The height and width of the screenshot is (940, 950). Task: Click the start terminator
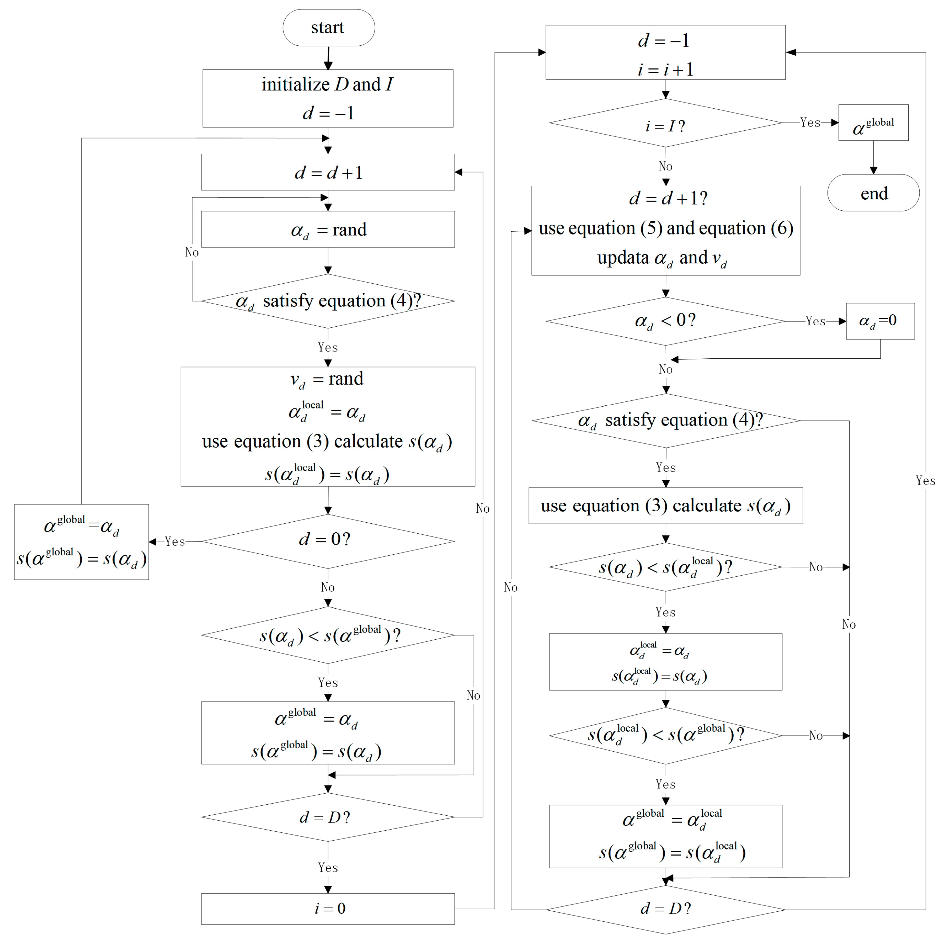click(x=328, y=28)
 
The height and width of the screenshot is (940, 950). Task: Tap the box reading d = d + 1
click(x=328, y=172)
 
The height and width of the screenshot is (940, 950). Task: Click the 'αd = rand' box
click(x=328, y=229)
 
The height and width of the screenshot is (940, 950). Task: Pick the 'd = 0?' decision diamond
click(x=328, y=541)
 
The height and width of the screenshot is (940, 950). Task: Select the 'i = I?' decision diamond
click(x=665, y=123)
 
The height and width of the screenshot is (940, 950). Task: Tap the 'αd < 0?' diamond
click(x=665, y=321)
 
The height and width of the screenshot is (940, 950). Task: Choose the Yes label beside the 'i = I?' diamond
click(x=810, y=123)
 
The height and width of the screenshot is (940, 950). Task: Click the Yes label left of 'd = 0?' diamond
click(x=175, y=541)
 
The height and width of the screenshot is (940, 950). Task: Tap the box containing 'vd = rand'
click(x=328, y=427)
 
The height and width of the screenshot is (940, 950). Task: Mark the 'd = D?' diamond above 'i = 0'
click(x=328, y=817)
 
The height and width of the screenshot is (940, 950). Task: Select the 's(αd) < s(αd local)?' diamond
click(x=665, y=567)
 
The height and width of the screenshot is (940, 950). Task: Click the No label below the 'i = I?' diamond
click(x=665, y=166)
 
